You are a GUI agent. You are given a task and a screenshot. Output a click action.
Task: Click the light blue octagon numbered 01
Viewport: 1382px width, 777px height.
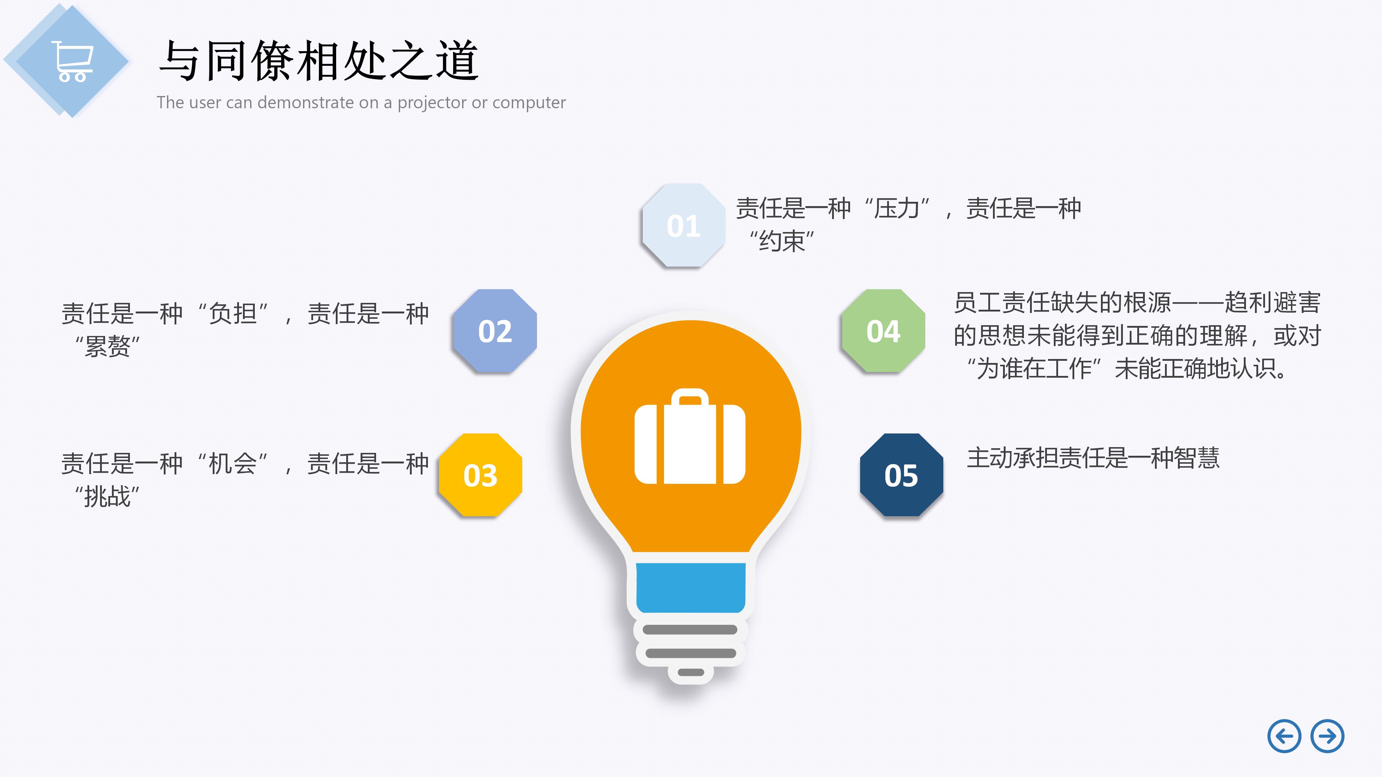point(683,225)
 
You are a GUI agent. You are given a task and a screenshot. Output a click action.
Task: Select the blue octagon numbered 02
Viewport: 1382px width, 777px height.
point(494,331)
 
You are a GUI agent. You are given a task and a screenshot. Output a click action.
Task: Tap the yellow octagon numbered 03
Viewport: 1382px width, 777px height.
point(480,475)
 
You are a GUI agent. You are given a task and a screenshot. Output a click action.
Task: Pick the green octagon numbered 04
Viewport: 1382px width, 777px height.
point(883,331)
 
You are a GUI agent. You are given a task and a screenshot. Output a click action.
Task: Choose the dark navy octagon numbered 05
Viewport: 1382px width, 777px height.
point(901,475)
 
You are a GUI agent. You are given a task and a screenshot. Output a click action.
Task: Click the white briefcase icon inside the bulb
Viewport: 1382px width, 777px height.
point(690,437)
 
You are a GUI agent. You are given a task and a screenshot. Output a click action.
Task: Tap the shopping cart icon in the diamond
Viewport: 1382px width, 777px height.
point(73,61)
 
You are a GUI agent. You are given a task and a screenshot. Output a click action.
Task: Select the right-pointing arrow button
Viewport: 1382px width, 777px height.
point(1327,736)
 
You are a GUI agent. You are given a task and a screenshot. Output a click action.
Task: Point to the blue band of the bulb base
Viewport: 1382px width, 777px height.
point(691,587)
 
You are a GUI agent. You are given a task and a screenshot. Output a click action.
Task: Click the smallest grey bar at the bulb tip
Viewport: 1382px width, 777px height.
point(691,672)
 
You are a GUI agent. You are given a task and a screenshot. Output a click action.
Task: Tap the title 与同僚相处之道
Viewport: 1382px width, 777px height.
point(319,60)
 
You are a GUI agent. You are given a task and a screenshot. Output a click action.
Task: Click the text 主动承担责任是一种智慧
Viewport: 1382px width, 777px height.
point(1093,458)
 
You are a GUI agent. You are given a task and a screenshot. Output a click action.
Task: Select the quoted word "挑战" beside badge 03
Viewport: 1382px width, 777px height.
point(107,496)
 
